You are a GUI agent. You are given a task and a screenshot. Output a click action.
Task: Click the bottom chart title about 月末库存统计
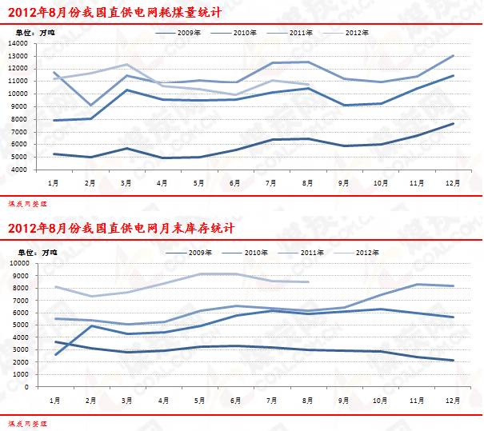pos(121,228)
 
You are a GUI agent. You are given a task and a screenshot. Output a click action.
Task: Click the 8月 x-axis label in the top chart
pos(308,183)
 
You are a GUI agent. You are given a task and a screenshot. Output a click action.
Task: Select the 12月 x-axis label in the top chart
pos(452,183)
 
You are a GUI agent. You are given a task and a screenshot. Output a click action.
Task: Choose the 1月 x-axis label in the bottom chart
pos(54,400)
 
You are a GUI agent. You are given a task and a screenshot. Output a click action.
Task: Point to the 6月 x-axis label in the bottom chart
pos(235,400)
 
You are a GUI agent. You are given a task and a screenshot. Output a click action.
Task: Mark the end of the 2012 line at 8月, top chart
pos(308,85)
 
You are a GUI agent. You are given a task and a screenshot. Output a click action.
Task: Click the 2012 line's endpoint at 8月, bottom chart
pos(308,281)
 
